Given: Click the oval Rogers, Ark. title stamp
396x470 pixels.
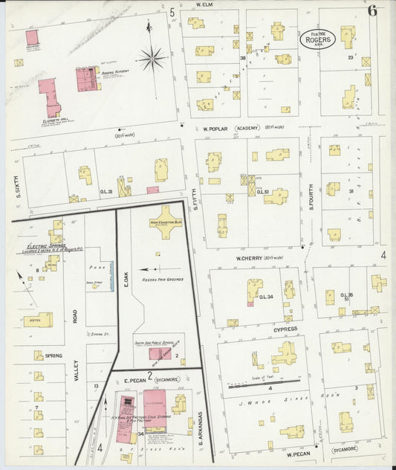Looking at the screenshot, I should coord(318,38).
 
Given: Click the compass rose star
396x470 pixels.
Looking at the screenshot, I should coord(152,57).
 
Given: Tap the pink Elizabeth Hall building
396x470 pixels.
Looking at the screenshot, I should coord(50,97).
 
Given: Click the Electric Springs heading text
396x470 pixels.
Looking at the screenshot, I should coord(38,246).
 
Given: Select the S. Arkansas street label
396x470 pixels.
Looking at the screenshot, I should coord(201,427).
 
